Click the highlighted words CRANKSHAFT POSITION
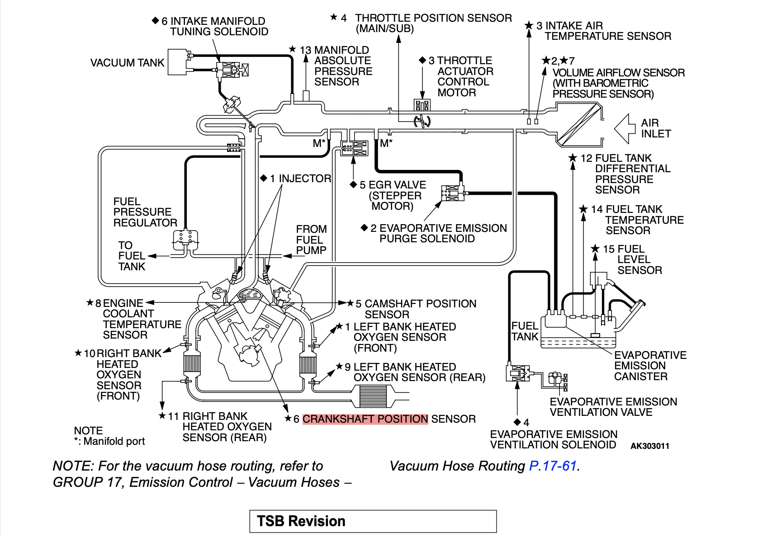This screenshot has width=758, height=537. click(365, 419)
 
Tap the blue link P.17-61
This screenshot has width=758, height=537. click(553, 466)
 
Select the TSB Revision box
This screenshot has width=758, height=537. click(373, 521)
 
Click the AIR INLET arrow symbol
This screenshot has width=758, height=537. click(625, 128)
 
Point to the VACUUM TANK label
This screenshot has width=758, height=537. click(127, 63)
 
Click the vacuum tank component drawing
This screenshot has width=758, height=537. click(177, 62)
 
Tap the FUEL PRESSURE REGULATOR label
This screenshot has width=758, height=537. click(145, 212)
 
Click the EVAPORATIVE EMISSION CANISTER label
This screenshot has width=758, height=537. click(650, 366)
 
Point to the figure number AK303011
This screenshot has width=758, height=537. click(649, 446)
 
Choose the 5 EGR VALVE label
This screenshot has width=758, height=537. click(392, 195)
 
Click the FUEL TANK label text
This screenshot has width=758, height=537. click(525, 331)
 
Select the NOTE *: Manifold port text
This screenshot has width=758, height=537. click(109, 436)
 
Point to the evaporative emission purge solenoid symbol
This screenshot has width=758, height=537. click(453, 193)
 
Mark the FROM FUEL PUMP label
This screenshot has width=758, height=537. click(311, 240)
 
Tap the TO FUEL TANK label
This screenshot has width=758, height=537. click(132, 256)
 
